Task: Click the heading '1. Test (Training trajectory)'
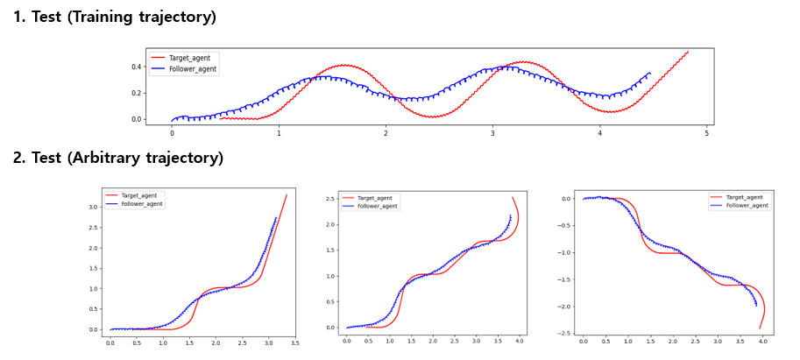point(114,17)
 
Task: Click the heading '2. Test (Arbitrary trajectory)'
point(117,158)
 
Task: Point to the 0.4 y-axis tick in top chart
point(137,67)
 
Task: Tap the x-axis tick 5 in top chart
point(706,132)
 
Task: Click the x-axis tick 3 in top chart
point(492,132)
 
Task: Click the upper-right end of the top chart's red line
point(688,51)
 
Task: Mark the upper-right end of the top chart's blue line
point(649,73)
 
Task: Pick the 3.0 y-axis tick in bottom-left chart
point(92,207)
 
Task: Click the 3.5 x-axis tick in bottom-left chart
point(294,344)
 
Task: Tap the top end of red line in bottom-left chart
point(287,194)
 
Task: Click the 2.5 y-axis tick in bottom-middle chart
point(329,199)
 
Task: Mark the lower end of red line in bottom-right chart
point(760,328)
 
